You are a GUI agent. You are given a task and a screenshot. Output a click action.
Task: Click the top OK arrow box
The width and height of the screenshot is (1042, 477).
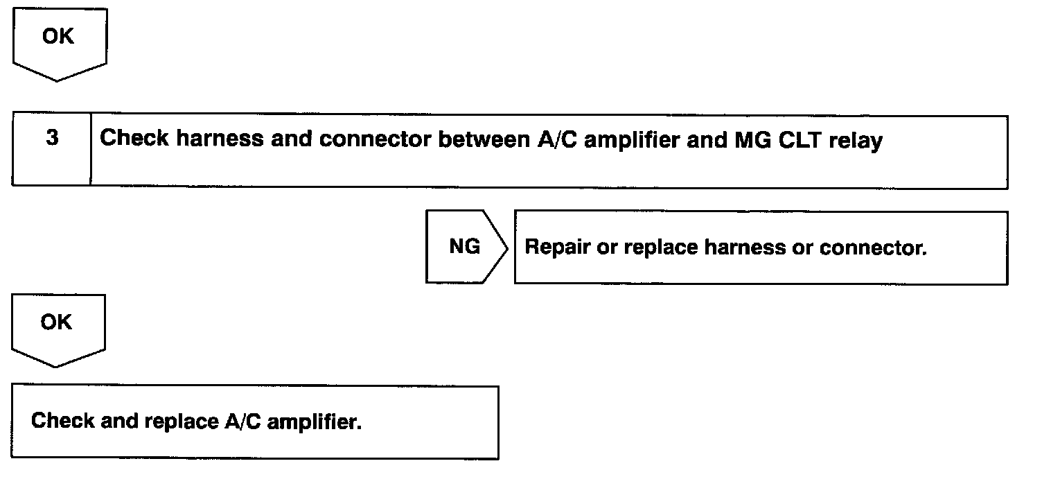58,42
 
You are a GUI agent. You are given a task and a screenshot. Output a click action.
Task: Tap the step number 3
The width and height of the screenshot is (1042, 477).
52,139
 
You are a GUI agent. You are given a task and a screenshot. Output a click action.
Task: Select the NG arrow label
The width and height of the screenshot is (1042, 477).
464,247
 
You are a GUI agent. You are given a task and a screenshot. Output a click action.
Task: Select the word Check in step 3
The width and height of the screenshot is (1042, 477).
134,139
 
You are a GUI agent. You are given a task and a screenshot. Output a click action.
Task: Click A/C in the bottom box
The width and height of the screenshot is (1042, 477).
242,421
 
